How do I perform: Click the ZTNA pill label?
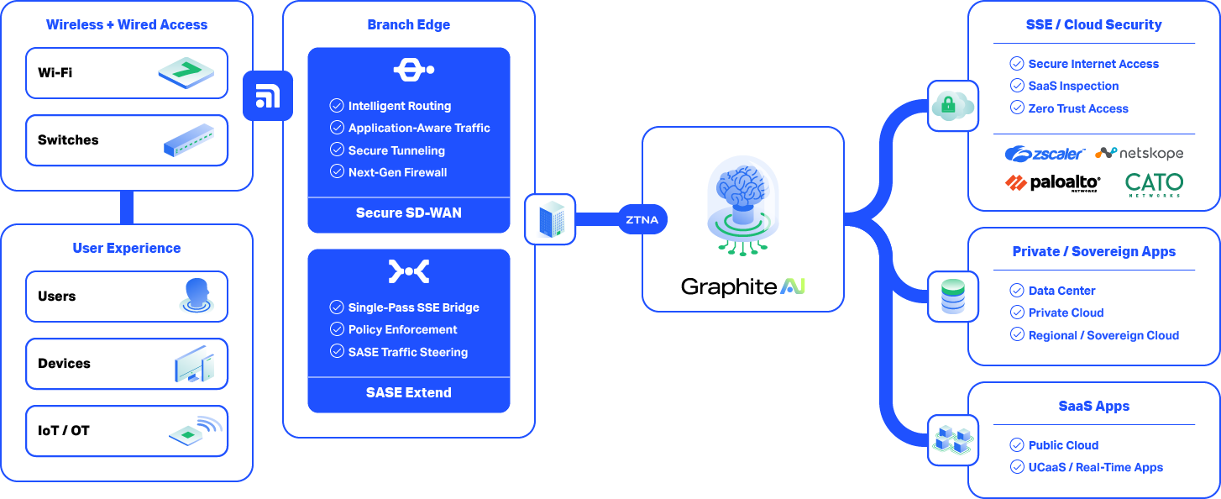point(642,220)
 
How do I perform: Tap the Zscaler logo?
point(1045,154)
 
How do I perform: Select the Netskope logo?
point(1140,153)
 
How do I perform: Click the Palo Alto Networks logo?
point(1052,183)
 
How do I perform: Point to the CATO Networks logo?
point(1154,184)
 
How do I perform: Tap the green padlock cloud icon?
point(952,106)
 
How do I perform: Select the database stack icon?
point(952,297)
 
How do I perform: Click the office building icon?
point(550,219)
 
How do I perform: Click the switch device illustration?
point(195,140)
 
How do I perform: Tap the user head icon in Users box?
point(197,296)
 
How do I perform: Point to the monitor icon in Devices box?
point(194,364)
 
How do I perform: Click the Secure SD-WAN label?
point(408,213)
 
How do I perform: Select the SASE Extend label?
point(408,392)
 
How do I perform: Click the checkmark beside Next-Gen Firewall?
point(337,172)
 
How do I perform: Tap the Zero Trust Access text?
point(1078,108)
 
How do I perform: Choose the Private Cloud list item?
point(1066,313)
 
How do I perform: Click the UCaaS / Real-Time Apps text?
point(1095,467)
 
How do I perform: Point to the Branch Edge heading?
point(408,24)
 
